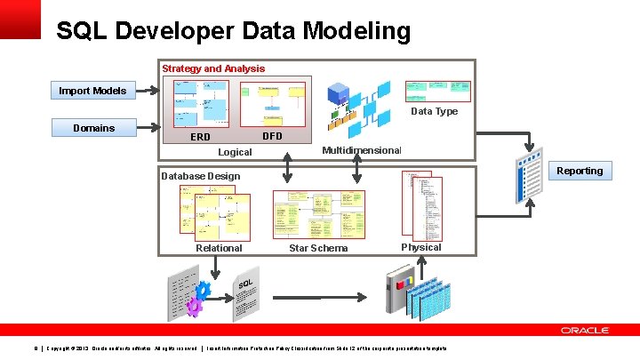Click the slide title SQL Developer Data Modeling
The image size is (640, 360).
tap(233, 32)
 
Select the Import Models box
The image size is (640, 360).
tap(92, 91)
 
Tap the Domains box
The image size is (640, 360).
tap(93, 128)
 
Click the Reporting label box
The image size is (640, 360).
tap(580, 171)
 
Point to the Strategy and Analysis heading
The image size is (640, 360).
tap(213, 68)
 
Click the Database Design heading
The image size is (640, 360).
tap(200, 176)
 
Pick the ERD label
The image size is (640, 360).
tap(200, 138)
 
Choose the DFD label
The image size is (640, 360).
tap(272, 136)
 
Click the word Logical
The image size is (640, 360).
tap(235, 152)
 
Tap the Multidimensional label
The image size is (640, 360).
tap(362, 150)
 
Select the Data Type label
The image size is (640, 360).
tap(434, 111)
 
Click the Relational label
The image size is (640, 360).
tap(219, 248)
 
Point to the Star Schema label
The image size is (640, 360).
tap(318, 248)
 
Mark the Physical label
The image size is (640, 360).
tap(420, 246)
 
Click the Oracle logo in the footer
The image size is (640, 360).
tap(584, 330)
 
